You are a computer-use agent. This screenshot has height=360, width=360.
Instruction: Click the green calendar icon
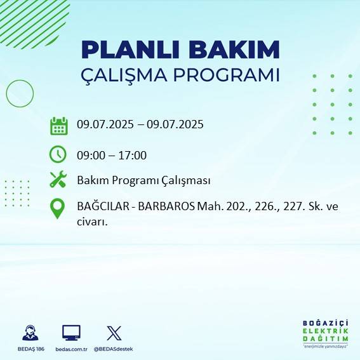pos(58,126)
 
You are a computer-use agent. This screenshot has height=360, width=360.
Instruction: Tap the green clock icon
pos(58,154)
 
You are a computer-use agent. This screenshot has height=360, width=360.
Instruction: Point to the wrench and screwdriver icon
pos(58,180)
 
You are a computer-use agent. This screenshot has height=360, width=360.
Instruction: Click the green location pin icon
pos(58,209)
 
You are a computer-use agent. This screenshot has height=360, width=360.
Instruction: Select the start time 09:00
pos(91,155)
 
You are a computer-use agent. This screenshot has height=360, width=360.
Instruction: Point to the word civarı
pos(91,222)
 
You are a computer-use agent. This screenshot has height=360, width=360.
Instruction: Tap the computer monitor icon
pos(71,333)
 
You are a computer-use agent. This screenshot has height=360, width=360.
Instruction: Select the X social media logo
pos(114,333)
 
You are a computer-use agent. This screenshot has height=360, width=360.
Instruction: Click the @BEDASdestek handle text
pos(114,349)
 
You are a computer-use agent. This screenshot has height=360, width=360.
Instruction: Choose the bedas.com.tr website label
pos(71,349)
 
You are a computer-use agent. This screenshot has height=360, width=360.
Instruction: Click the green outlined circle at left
pos(19,93)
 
